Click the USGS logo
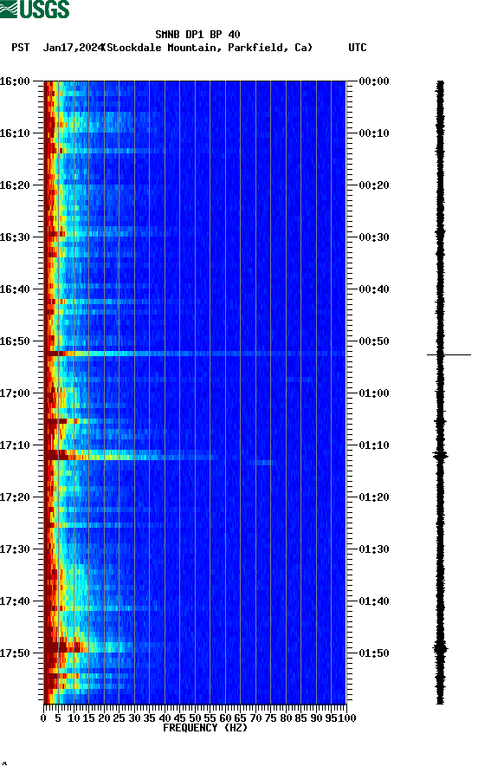[35, 10]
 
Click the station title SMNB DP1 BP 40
[197, 35]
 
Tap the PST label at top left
[21, 48]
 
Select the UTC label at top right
[357, 48]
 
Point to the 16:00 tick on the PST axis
[17, 81]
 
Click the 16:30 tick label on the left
[17, 237]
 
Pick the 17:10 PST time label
[17, 445]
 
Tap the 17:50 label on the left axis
[17, 653]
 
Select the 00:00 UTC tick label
[373, 81]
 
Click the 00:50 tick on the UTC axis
[373, 341]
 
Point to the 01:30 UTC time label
[373, 549]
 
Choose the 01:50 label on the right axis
[373, 653]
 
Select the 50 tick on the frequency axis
[195, 718]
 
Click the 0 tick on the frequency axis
[44, 718]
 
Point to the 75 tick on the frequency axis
[270, 718]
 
